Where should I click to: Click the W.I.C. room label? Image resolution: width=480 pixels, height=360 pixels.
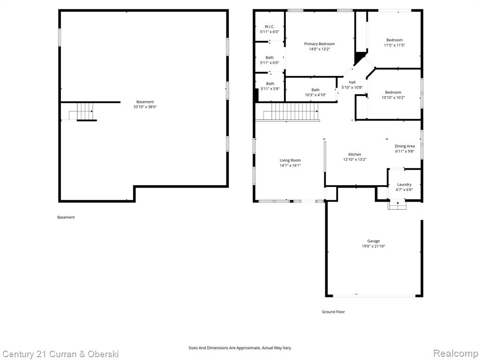point(270,27)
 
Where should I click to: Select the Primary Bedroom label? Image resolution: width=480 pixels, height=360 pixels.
point(319,44)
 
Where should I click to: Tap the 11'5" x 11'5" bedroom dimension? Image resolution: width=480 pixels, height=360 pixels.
point(394,45)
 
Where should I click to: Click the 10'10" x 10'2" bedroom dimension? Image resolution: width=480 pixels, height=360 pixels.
point(393,97)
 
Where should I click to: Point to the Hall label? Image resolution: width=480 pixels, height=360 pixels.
point(352,82)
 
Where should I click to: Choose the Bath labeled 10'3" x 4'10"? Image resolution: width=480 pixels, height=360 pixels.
point(315,90)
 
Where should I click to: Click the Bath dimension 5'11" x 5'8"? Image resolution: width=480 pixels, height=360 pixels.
point(270,89)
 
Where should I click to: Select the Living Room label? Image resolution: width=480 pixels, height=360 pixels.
point(290,160)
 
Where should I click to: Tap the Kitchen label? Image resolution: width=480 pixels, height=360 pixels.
point(355,154)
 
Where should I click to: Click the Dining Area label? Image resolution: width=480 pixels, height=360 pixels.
point(405,146)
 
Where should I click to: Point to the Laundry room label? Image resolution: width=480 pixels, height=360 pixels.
point(404,184)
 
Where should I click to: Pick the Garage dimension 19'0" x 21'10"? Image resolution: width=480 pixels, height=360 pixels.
point(374,246)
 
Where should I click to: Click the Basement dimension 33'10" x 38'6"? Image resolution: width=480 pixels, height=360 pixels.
point(145,107)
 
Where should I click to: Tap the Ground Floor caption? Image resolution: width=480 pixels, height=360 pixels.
point(333,312)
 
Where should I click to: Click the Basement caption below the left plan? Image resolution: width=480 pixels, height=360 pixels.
point(66,217)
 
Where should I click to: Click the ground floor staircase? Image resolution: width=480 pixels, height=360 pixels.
point(291,112)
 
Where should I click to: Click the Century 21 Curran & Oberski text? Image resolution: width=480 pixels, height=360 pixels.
point(60,354)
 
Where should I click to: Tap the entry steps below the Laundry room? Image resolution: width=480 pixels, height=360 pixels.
point(397,205)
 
